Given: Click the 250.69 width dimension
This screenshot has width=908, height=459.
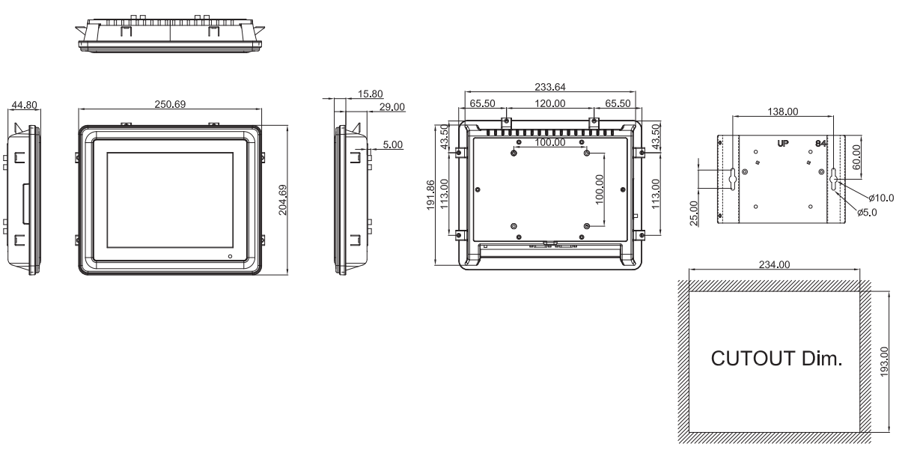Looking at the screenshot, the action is click(170, 104).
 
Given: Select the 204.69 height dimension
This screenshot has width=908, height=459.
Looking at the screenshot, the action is click(283, 200).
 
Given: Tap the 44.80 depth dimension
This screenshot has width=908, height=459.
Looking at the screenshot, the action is click(24, 105).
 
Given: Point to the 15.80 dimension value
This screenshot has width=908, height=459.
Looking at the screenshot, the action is click(370, 94).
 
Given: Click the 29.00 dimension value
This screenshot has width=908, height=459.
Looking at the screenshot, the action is click(392, 107).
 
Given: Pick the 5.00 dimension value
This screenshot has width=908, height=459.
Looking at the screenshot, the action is click(393, 145).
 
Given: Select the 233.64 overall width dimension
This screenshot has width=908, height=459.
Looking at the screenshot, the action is click(550, 87).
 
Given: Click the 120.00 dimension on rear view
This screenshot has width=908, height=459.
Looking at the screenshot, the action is click(550, 104).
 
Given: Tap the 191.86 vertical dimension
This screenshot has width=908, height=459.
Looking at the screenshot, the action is click(430, 195).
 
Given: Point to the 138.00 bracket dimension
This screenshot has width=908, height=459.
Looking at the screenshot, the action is click(783, 112).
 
